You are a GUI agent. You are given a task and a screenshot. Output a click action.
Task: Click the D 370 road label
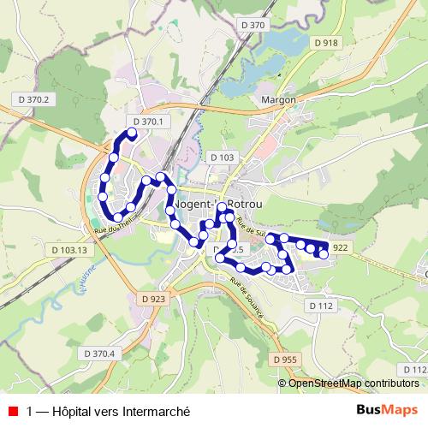point(253,26)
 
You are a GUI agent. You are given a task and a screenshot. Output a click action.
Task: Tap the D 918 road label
point(326,43)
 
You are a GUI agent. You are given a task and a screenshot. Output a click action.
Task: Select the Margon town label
point(278,99)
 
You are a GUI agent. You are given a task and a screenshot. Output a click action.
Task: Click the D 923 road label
point(151,299)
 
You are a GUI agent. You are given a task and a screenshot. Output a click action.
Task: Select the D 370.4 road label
point(99,353)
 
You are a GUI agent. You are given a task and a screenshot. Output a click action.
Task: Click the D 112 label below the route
point(320,306)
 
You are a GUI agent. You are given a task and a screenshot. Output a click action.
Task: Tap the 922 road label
point(341,247)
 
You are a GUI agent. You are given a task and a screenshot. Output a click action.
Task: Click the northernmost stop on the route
point(133,133)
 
